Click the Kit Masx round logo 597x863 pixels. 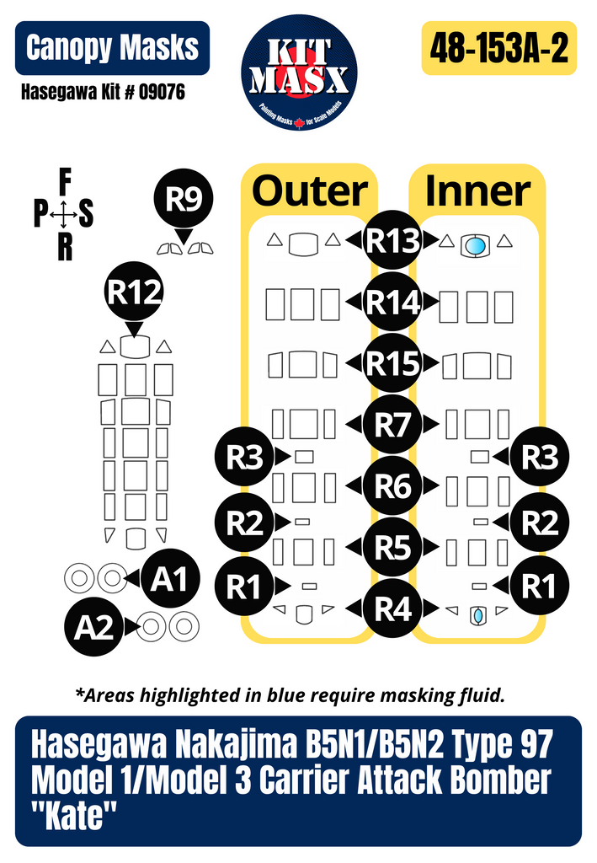299,72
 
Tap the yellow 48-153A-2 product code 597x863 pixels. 498,50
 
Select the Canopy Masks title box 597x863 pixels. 112,47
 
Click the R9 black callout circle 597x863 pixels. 183,200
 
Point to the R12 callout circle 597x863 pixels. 134,292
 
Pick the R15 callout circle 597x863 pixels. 392,364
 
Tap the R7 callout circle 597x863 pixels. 392,425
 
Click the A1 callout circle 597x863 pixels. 169,579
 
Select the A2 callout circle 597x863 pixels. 94,628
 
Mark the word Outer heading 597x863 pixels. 310,191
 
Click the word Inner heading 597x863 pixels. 477,191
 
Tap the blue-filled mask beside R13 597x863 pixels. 475,246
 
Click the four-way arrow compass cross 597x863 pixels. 64,216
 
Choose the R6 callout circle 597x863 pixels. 392,486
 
